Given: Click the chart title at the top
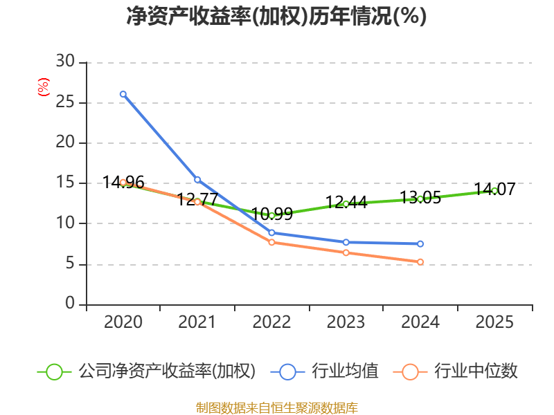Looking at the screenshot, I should (x=276, y=17).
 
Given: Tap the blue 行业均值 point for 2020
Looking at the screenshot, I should (x=123, y=94).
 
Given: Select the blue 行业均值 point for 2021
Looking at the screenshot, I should (x=197, y=180).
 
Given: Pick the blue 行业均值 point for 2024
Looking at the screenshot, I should (x=420, y=244).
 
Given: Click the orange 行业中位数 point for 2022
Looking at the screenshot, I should (x=271, y=242).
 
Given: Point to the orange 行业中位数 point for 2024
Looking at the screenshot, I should (x=420, y=262).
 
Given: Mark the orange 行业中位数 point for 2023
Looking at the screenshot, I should (x=346, y=252).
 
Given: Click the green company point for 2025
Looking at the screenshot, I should (x=494, y=190).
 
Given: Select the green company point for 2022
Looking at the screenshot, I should (x=271, y=216).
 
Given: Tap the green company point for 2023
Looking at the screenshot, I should (x=346, y=203).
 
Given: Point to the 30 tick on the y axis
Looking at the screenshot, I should (x=65, y=62).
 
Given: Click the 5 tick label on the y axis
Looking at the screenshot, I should (x=70, y=264).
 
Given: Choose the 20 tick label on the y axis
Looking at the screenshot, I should (x=65, y=143).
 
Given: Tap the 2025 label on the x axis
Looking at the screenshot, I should (x=494, y=322).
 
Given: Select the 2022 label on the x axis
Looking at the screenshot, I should (x=271, y=322).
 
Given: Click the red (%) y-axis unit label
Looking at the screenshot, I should (x=44, y=87).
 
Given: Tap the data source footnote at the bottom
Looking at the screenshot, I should (x=276, y=407).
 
